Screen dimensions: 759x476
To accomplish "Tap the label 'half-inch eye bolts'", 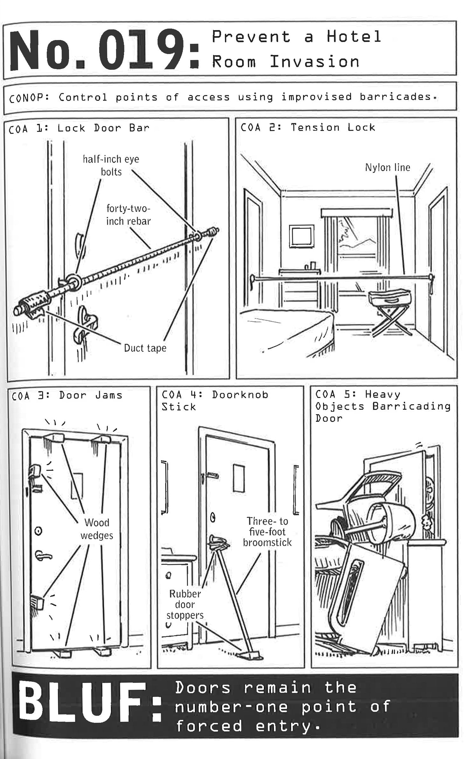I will (111, 165).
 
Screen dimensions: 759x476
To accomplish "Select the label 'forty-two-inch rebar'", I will (128, 215).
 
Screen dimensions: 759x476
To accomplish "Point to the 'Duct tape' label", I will (145, 348).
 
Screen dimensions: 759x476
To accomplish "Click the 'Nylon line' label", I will (387, 168).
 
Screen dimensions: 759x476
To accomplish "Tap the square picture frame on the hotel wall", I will (301, 236).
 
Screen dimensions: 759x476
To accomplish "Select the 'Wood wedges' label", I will (97, 529).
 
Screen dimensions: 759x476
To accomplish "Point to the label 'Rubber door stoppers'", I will (185, 604).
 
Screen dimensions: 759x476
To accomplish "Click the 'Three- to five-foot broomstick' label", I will (267, 531).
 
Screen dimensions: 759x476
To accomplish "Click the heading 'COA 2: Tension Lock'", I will (307, 127).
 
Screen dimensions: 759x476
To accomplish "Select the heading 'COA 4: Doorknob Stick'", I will (215, 400).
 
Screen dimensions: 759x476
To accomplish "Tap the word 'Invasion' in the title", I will (314, 61).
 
